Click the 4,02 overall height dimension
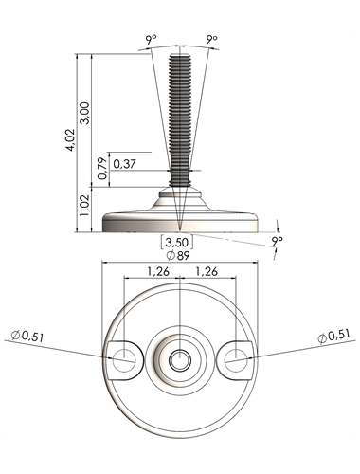[x=70, y=139]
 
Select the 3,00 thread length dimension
[x=85, y=113]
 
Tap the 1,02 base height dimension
[x=85, y=205]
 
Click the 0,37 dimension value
[x=124, y=164]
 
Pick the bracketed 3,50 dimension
[x=177, y=243]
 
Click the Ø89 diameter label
[x=178, y=255]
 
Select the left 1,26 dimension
[x=158, y=271]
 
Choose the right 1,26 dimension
[x=207, y=271]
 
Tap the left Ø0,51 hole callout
[x=27, y=336]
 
